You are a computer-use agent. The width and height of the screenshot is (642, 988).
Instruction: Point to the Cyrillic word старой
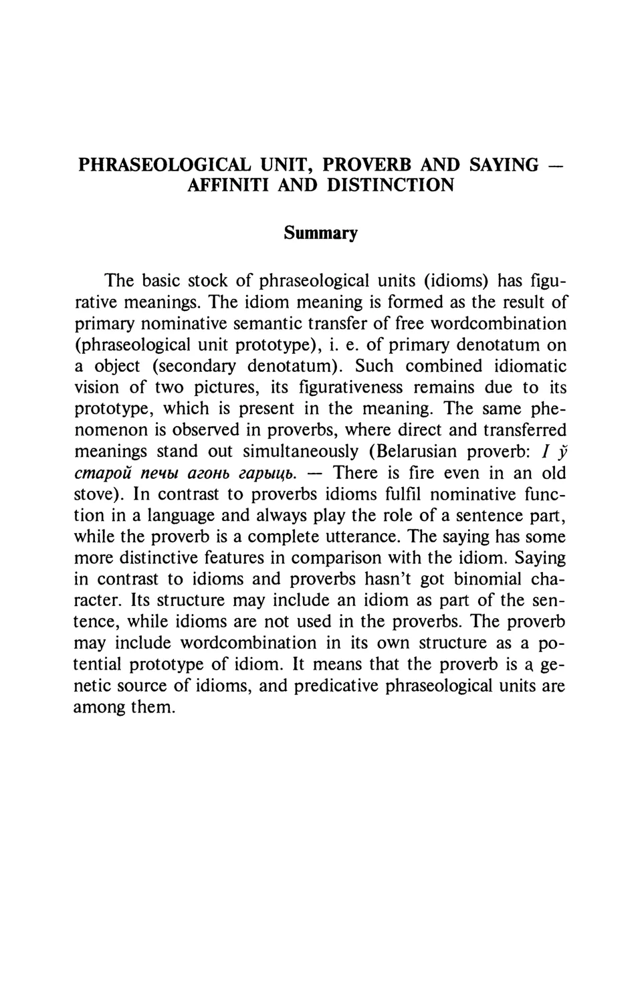(x=102, y=473)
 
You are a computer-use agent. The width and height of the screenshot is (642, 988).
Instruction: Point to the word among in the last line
(x=100, y=708)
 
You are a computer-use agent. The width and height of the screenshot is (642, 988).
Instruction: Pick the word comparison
(x=369, y=558)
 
